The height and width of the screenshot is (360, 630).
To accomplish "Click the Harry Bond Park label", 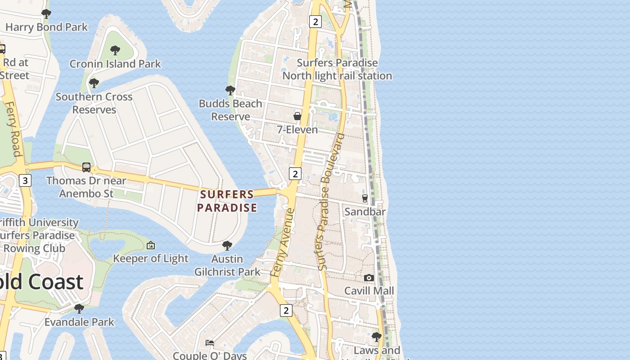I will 46,27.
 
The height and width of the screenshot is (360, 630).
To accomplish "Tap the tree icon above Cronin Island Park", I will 115,50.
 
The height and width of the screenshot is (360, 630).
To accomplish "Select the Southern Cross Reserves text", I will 94,103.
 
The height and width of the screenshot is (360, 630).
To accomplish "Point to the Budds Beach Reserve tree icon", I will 230,90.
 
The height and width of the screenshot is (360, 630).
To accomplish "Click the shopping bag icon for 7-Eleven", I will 297,116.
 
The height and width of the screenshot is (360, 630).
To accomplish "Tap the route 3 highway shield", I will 25,180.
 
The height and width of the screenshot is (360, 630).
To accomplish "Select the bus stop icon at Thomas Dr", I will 86,167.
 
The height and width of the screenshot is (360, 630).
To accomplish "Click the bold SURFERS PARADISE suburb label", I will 227,201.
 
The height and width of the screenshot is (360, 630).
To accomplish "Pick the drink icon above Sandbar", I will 365,198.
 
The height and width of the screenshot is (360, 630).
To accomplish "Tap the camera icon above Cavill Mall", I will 369,278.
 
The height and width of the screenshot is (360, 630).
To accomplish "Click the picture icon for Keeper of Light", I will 151,245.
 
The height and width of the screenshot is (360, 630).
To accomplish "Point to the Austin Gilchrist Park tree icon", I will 227,245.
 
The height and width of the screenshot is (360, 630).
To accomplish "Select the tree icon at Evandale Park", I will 79,309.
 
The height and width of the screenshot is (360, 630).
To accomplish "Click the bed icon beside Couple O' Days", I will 210,343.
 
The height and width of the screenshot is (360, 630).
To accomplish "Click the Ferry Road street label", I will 14,129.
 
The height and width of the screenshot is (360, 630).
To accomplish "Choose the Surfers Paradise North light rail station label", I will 337,69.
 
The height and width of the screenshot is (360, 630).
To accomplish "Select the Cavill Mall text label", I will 369,291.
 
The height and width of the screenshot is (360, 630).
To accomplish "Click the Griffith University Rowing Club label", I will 38,235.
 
